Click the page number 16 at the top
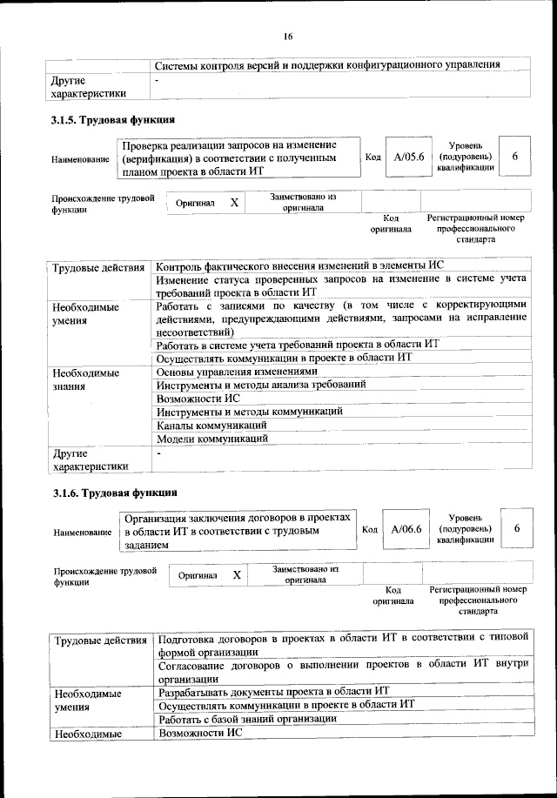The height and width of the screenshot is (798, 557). tap(287, 36)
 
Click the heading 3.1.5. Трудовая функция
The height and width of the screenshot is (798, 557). tap(114, 121)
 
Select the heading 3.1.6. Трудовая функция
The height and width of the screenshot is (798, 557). tap(114, 495)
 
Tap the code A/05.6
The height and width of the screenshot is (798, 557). tap(408, 158)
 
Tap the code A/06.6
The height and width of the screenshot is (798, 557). tap(406, 529)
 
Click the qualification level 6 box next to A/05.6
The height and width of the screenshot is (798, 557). tap(516, 157)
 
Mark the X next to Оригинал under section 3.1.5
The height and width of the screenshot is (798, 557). tap(233, 202)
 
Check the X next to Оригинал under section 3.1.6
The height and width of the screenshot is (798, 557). tap(237, 575)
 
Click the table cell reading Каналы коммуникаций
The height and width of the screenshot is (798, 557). tap(211, 425)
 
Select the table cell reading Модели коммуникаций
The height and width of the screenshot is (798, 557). tap(211, 439)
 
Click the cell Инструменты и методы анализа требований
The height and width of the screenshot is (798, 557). tap(260, 384)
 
